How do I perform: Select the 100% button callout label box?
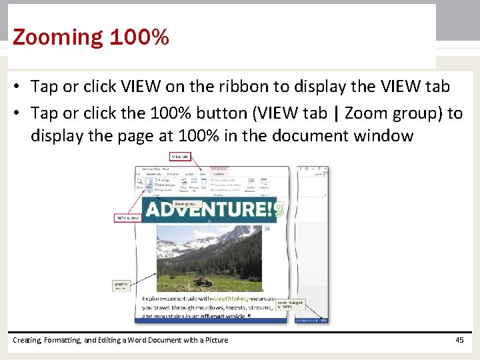(x=128, y=218)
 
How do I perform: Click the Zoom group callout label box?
(x=187, y=203)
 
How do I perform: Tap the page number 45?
(x=459, y=340)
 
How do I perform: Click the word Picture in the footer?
(x=214, y=340)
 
